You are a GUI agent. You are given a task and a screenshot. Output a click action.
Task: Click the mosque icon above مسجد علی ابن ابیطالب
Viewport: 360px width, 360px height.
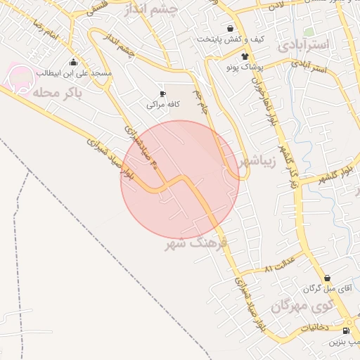point(74,63)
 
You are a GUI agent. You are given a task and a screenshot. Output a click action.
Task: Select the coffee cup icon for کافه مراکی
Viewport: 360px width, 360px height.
point(163,93)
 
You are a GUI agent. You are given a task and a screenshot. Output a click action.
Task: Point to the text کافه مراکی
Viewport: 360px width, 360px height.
point(163,104)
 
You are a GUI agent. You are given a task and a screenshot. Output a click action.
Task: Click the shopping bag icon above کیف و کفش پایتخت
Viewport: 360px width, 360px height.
point(231,29)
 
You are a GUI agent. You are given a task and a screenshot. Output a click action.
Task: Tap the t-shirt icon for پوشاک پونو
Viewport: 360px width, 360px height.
point(244,57)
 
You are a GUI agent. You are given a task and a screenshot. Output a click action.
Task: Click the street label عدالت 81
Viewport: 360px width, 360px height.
point(278,268)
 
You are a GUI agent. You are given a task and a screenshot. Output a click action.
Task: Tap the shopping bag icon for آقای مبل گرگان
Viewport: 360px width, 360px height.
point(328,278)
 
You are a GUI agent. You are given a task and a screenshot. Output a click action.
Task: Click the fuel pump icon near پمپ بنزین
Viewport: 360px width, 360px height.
point(345,331)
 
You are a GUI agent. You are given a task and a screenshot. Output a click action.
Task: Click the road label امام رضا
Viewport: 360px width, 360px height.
point(44,31)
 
